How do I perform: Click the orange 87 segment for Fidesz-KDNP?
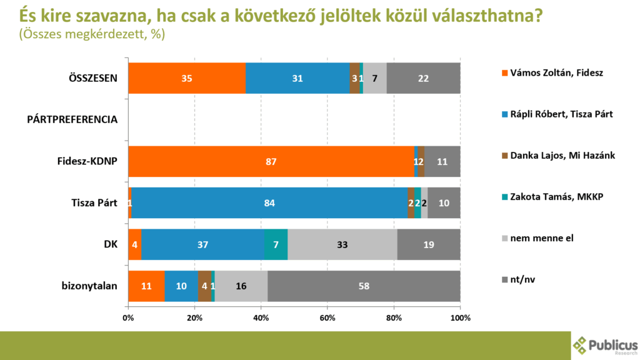click(271, 162)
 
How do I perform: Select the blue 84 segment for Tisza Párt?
click(269, 203)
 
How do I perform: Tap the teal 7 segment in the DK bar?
click(276, 244)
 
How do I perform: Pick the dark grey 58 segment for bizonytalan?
click(364, 286)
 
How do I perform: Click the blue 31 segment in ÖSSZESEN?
click(297, 78)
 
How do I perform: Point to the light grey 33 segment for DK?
click(342, 244)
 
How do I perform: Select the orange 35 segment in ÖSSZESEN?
click(187, 78)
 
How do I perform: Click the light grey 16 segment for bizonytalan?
click(241, 286)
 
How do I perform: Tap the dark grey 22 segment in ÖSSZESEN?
click(423, 78)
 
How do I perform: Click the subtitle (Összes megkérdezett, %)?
click(92, 34)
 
